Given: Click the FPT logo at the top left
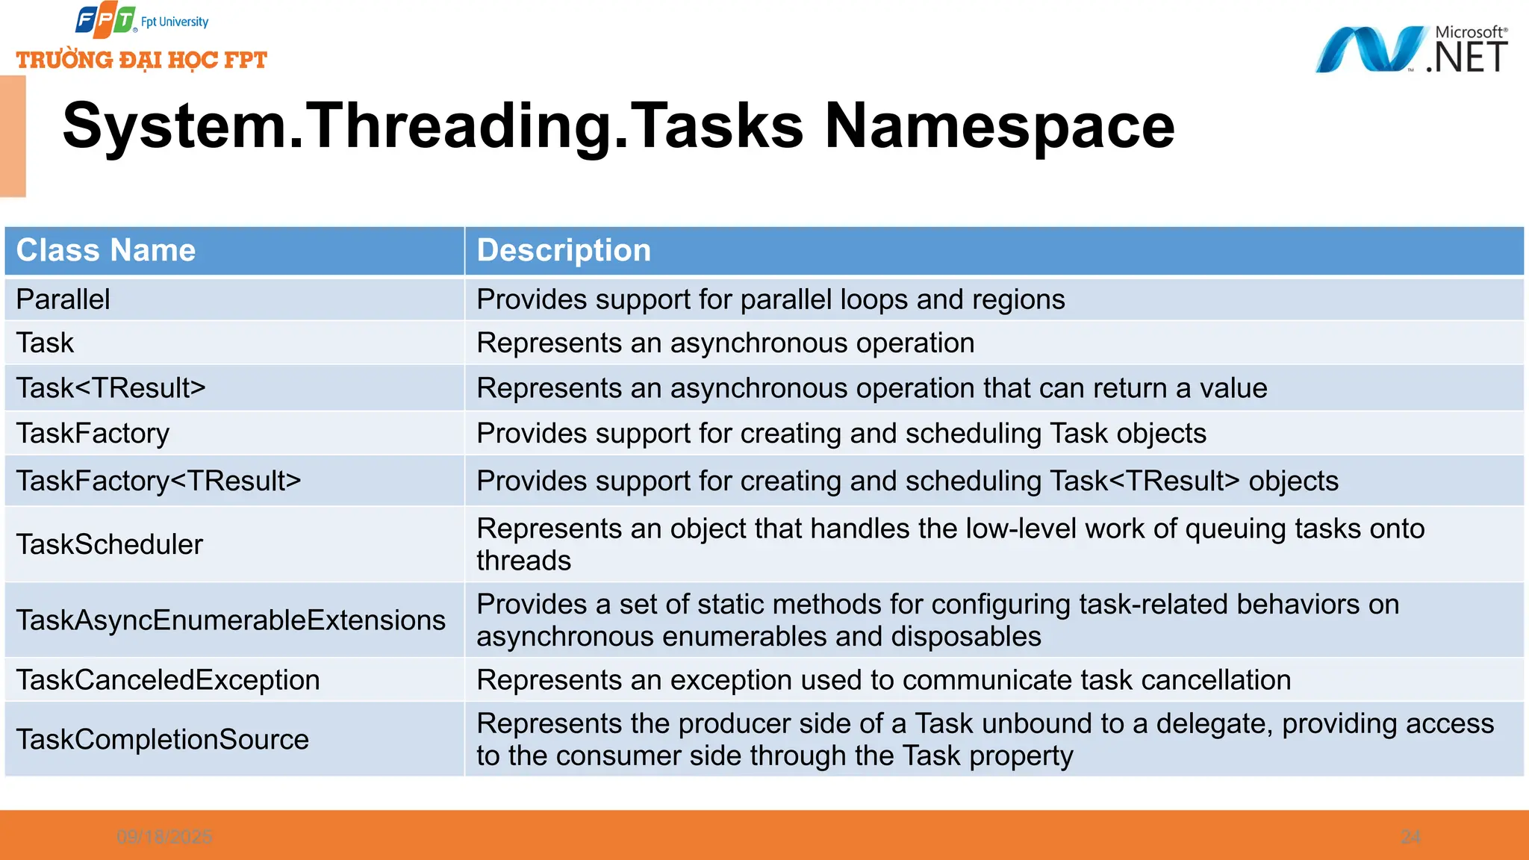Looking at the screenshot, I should [x=105, y=20].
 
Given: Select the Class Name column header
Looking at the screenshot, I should [x=106, y=251].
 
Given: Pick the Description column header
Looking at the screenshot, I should [x=564, y=251].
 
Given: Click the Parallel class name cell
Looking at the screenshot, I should [x=63, y=299].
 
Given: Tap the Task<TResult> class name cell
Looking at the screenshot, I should [x=111, y=388].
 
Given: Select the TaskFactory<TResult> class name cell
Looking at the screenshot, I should [x=159, y=481].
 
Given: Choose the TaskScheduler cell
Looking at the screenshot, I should [x=110, y=544].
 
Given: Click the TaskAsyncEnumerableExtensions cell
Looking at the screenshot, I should [x=231, y=620].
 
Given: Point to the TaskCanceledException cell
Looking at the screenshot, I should [x=168, y=680].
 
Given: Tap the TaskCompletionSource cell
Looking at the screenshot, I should [x=163, y=739].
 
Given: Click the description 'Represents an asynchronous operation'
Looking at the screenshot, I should [x=726, y=343].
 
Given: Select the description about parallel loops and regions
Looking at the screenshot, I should [x=770, y=299].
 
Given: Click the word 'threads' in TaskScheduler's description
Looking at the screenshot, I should [x=524, y=561].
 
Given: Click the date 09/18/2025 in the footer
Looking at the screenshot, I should [x=164, y=837].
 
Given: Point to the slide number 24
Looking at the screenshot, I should [x=1410, y=837].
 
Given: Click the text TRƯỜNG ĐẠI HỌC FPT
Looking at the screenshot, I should [x=142, y=60].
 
